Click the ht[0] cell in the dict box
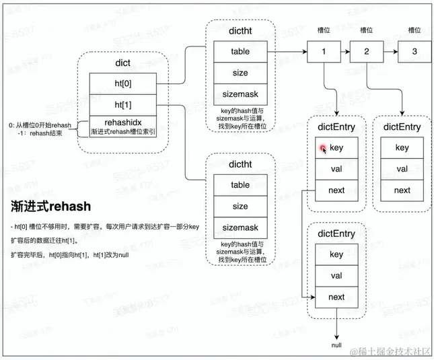point(122,83)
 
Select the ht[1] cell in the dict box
point(122,105)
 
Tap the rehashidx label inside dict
point(122,122)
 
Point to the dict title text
point(122,63)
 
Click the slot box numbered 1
point(325,52)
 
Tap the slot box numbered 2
point(367,52)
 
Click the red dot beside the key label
point(323,148)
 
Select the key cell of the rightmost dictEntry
point(402,148)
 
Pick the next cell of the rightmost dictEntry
point(402,190)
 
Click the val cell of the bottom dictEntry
point(336,276)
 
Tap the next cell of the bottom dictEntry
point(336,297)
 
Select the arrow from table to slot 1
point(289,52)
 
